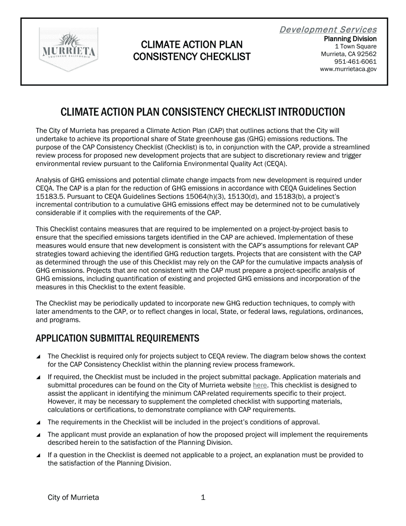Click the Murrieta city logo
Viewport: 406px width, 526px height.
point(68,49)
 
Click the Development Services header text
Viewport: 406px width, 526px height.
point(328,30)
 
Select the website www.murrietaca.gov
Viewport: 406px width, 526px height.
point(348,69)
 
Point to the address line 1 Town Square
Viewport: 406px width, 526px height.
point(356,46)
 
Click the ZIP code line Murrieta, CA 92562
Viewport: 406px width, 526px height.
point(348,54)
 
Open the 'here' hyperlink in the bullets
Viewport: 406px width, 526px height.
point(259,385)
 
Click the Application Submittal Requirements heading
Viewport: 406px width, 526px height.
point(117,338)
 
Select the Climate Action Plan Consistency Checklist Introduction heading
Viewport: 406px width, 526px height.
point(203,112)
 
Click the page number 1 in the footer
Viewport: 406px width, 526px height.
point(203,497)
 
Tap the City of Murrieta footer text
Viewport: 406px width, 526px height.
point(73,497)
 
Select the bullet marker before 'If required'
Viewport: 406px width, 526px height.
point(38,377)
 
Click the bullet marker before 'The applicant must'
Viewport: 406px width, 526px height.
point(38,435)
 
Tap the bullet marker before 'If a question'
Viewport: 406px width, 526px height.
point(38,455)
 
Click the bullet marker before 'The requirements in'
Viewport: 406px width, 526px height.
point(38,423)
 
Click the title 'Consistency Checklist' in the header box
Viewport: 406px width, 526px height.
point(191,56)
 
